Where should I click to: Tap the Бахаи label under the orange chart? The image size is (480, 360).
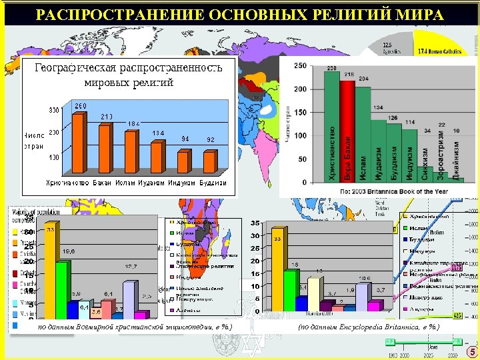click(x=102, y=182)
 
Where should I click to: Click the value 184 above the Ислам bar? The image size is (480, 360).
click(x=133, y=124)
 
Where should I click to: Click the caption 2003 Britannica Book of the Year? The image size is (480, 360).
click(x=377, y=191)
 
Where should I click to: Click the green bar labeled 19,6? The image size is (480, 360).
click(x=61, y=289)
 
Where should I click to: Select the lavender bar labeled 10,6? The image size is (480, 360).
click(x=361, y=297)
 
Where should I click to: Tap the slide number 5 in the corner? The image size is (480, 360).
click(x=471, y=352)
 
